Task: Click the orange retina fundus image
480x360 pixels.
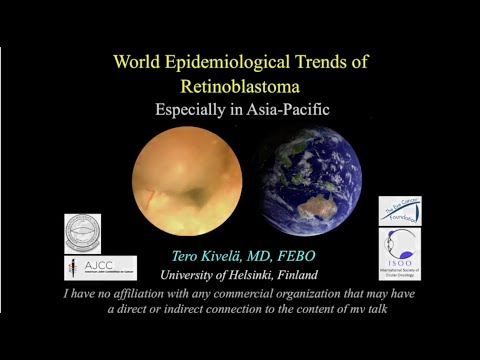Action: [x=187, y=180]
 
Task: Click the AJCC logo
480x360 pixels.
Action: [x=87, y=268]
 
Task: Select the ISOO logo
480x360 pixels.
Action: [x=399, y=253]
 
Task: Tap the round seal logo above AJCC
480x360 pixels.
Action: [x=83, y=233]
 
